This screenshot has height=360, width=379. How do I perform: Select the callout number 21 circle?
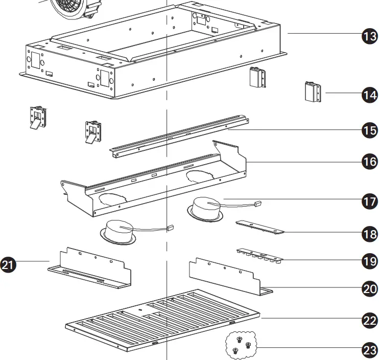[9, 264]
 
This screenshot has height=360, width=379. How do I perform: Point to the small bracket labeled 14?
[312, 93]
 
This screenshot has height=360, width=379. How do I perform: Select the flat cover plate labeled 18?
[259, 228]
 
